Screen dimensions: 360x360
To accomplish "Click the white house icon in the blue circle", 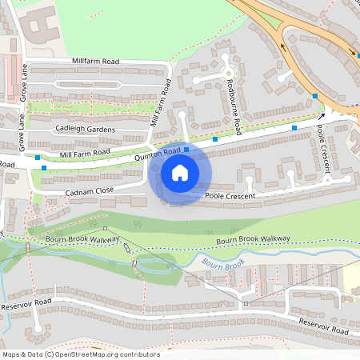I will click(180, 173).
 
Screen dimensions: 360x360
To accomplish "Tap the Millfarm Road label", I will click(95, 61).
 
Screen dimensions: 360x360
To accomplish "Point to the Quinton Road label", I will click(158, 154).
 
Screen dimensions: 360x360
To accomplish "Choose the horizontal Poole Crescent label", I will click(230, 196).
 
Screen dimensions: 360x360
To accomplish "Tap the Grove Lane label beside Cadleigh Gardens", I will click(22, 131).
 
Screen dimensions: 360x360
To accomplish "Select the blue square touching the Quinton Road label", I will click(186, 149).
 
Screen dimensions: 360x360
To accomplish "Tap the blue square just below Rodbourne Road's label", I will click(215, 139).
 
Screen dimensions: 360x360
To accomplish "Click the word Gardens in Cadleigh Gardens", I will click(99, 130).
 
